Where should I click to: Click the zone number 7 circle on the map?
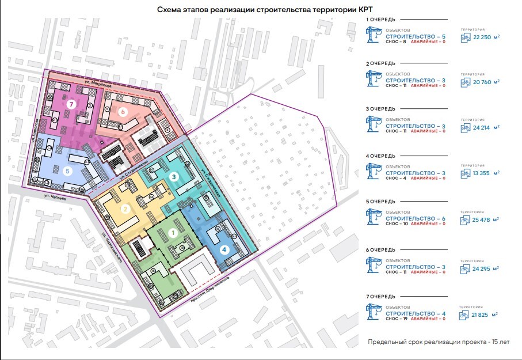click(71, 104)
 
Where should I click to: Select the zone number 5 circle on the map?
click(67, 170)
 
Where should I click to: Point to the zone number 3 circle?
click(174, 176)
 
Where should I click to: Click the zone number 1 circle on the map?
click(172, 233)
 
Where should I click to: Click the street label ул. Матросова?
click(96, 85)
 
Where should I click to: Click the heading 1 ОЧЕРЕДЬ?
click(380, 19)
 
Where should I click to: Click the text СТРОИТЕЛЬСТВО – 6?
click(416, 218)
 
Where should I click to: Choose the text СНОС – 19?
click(396, 319)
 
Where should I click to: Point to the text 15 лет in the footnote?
click(498, 342)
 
